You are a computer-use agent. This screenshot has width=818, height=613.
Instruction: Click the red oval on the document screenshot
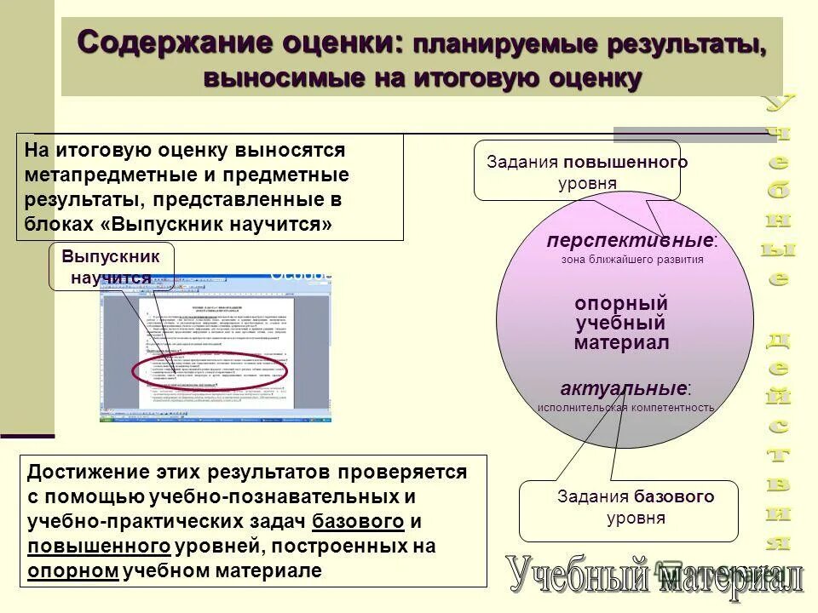pos(210,371)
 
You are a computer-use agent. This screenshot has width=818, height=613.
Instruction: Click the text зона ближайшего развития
pos(632,260)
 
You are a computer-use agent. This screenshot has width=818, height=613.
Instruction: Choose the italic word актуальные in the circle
pos(624,388)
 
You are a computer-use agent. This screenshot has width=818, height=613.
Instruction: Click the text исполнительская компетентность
pos(625,408)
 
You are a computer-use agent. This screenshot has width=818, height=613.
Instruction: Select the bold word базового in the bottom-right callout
pos(673,496)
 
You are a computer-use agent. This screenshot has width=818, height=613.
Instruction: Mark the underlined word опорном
pos(72,570)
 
